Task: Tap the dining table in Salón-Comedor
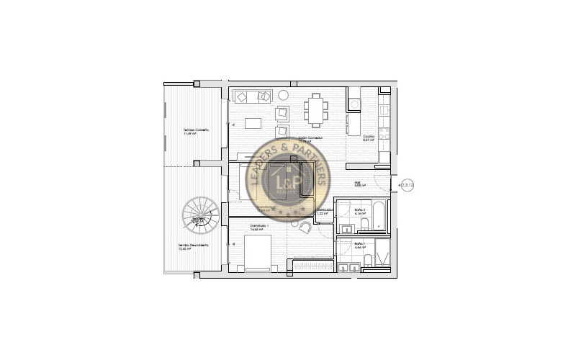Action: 315,109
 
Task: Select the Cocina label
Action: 369,137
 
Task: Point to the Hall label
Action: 358,183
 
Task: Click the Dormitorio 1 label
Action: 259,226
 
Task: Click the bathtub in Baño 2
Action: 379,214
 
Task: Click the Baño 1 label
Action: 358,244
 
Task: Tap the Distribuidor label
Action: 324,210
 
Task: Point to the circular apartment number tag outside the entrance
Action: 408,186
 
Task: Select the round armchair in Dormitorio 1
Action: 305,227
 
